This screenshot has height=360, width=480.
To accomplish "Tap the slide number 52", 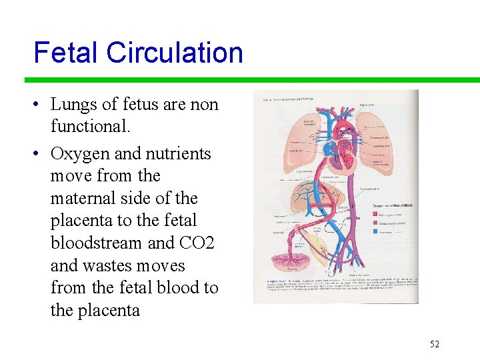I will point(435,344).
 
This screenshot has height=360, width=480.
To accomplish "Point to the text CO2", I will point(197,243).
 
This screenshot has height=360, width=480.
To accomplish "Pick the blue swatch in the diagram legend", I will point(375,231).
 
